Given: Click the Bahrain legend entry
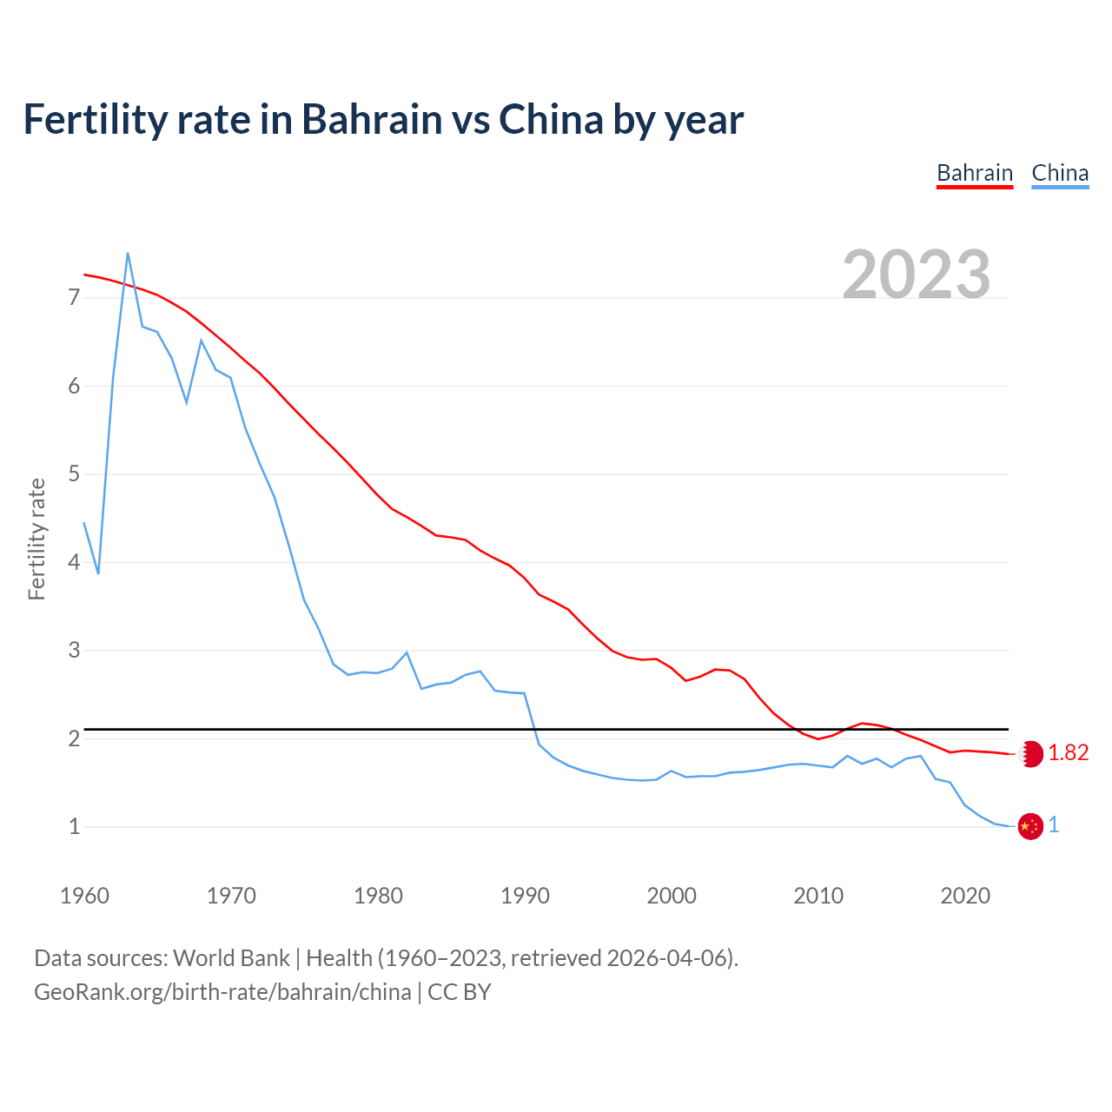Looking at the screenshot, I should coord(975,173).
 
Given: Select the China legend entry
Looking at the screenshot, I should coord(1060,173).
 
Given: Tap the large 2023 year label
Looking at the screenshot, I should coord(917,275).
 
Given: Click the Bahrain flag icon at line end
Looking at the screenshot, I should coord(1031,753).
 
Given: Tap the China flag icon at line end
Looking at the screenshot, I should coord(1030,826).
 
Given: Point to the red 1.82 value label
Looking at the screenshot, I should coord(1069,753).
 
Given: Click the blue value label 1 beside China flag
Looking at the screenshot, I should coord(1054,825).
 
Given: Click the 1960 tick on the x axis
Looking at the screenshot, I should coord(84,896).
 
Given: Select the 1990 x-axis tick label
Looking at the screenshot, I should coord(525,896).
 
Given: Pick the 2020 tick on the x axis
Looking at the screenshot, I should coord(965,896).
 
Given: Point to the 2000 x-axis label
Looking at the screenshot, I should coord(672,896).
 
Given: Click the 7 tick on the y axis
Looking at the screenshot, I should coord(74,298).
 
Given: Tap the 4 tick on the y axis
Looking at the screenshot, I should coord(74,562).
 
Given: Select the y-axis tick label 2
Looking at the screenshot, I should coord(74,738).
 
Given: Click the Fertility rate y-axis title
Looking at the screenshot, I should coord(36,539).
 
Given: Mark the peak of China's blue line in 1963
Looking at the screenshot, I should coord(128,254).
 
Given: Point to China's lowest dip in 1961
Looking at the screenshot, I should coord(98,573).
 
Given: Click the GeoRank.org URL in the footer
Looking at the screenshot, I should coord(222,992).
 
